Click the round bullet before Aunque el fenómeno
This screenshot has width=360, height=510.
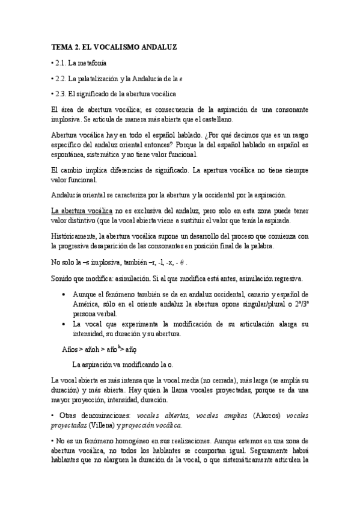point(64,294)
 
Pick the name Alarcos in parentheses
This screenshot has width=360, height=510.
point(266,415)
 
